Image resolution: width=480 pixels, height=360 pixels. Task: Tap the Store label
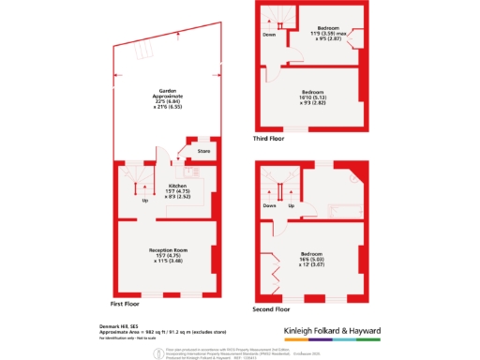point(202,151)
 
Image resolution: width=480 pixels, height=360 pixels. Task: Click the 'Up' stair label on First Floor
point(145,201)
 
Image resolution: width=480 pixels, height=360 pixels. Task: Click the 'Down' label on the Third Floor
point(269,35)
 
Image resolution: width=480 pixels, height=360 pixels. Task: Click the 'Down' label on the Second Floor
point(269,204)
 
